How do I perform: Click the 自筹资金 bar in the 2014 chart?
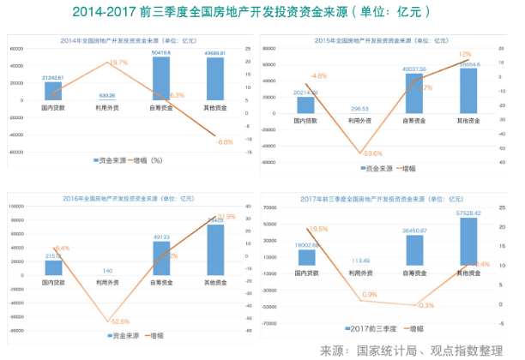(160, 78)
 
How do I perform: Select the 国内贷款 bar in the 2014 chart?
(53, 90)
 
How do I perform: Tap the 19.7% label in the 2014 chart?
(118, 63)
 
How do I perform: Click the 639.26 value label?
(107, 95)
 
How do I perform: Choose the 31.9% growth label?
(226, 216)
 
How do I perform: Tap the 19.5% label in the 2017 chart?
(318, 229)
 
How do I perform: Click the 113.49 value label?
(360, 261)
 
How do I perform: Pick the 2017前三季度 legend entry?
(370, 329)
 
